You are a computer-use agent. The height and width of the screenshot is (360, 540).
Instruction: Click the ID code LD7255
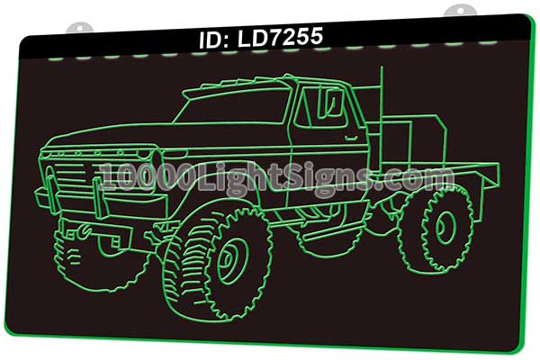(x=280, y=38)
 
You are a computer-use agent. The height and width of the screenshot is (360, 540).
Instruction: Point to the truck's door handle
(x=351, y=138)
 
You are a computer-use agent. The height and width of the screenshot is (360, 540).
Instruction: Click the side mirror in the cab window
(x=331, y=103)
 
